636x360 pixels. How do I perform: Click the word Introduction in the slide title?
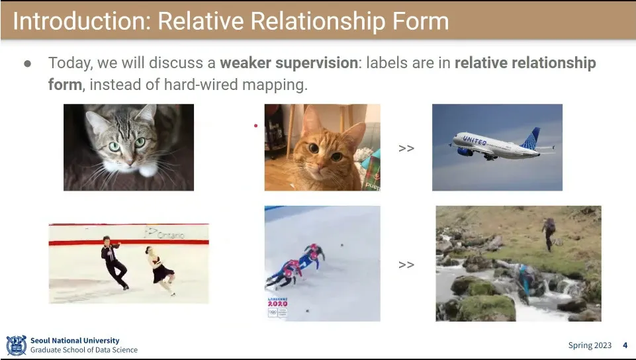81,21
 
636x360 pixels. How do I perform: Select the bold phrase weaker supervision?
289,63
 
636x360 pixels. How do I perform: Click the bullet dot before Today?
28,64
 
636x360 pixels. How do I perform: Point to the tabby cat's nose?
129,162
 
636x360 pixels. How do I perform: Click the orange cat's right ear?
357,132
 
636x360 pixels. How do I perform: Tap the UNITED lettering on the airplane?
475,141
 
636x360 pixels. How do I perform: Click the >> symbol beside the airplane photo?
406,148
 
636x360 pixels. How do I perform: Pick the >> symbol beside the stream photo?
406,265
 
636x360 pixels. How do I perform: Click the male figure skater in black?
113,261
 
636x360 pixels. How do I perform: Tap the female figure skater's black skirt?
162,273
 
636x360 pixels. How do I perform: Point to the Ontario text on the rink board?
170,235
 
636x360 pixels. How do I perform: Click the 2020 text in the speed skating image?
278,303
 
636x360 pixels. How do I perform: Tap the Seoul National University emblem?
17,345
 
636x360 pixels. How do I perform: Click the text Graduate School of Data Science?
84,350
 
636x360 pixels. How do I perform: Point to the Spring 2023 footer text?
590,345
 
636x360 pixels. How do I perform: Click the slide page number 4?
625,345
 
